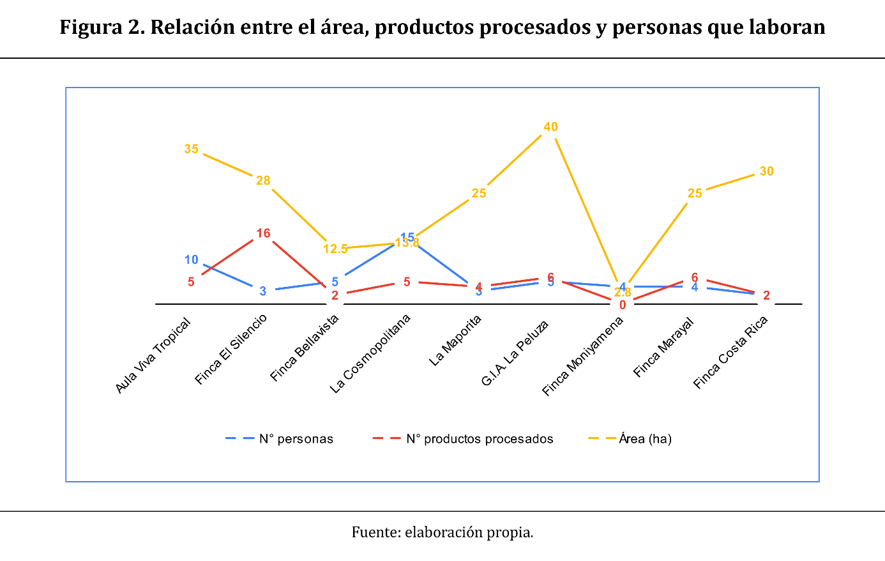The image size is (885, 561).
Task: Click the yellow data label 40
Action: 550,127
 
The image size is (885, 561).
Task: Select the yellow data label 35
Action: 192,149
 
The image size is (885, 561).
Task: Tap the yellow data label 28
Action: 263,181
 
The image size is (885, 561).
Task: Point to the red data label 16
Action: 263,233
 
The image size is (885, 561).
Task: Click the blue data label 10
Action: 192,260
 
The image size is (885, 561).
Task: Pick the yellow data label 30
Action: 766,171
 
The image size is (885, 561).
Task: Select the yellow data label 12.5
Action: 335,249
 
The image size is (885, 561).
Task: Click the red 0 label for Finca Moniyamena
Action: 623,305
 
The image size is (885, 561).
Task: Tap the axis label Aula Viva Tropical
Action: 153,355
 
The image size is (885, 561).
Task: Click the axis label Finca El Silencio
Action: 231,350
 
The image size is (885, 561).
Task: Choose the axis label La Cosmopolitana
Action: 370,353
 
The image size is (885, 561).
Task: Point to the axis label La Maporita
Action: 455,341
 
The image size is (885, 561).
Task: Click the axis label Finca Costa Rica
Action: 730,352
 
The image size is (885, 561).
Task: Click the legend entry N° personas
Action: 296,439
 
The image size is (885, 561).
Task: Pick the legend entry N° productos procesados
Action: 480,439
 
